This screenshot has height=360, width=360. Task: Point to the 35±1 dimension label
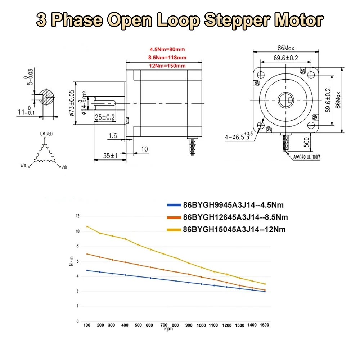[x=110, y=156]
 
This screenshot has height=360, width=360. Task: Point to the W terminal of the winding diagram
[x=23, y=166]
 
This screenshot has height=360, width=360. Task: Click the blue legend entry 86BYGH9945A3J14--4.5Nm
[x=233, y=206]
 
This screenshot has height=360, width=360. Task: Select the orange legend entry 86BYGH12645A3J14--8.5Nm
[x=235, y=217]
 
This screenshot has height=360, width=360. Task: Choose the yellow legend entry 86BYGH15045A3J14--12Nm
[x=234, y=229]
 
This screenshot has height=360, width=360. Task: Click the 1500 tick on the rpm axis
[x=265, y=325]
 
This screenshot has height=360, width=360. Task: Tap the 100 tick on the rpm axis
[x=87, y=325]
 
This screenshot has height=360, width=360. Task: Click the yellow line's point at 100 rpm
[x=87, y=226]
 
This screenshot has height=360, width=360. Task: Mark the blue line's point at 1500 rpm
[x=265, y=291]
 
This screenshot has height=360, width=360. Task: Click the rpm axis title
[x=168, y=329]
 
